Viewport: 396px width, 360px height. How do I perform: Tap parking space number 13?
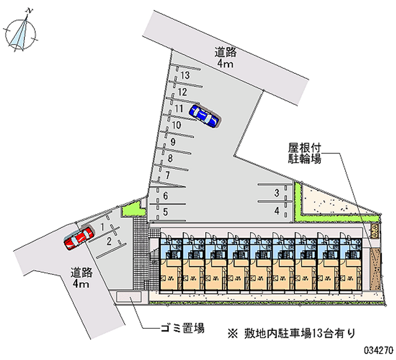(185, 76)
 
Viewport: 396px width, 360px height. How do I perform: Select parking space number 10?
(176, 125)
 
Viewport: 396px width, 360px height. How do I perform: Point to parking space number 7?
(168, 175)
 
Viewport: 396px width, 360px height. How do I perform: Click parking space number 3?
(277, 193)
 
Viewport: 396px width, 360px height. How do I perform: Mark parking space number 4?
(277, 211)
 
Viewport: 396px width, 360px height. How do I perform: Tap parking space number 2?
(108, 241)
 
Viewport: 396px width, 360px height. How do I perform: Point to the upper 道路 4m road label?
(225, 57)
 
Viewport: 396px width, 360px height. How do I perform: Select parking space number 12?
(182, 92)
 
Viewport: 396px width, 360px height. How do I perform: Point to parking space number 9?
(173, 142)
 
